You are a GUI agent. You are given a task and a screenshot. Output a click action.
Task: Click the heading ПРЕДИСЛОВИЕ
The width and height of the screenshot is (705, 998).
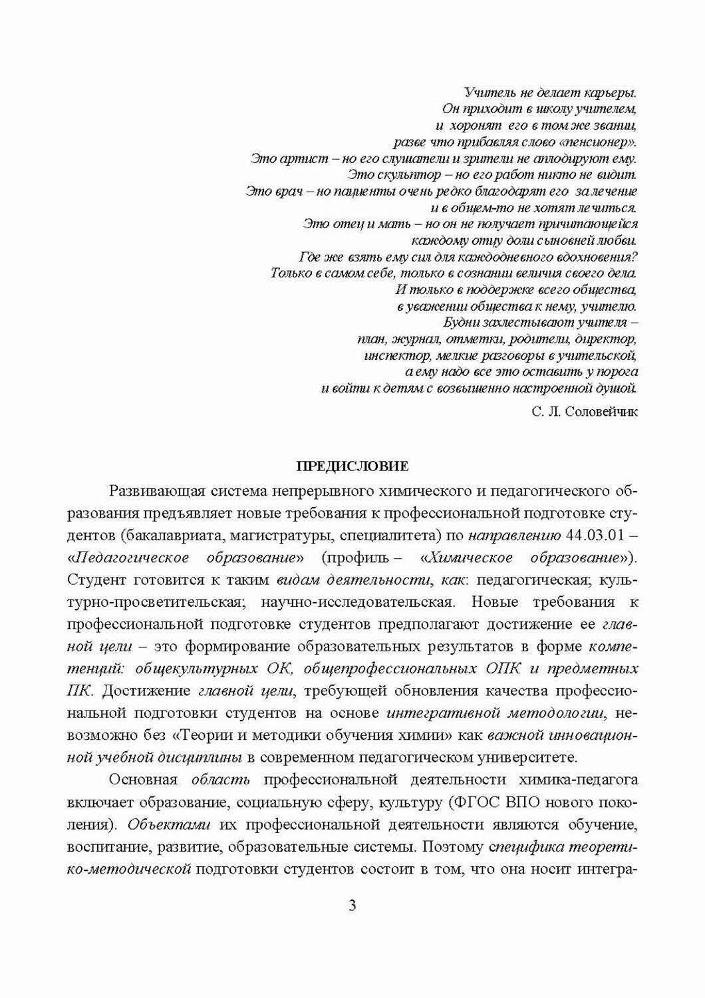[352, 465]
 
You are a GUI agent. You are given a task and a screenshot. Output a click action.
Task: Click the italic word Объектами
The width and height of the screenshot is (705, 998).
[154, 825]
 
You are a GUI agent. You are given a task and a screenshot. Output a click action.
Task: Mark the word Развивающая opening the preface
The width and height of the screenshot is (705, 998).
[149, 492]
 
